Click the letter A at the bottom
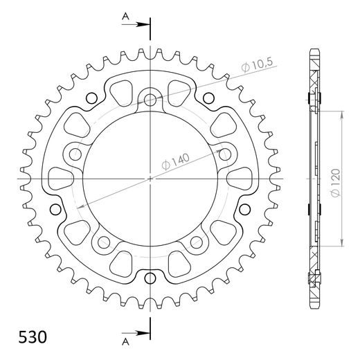[125, 341]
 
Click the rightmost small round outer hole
[240, 209]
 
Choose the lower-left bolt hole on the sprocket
[104, 242]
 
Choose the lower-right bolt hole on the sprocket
[197, 242]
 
